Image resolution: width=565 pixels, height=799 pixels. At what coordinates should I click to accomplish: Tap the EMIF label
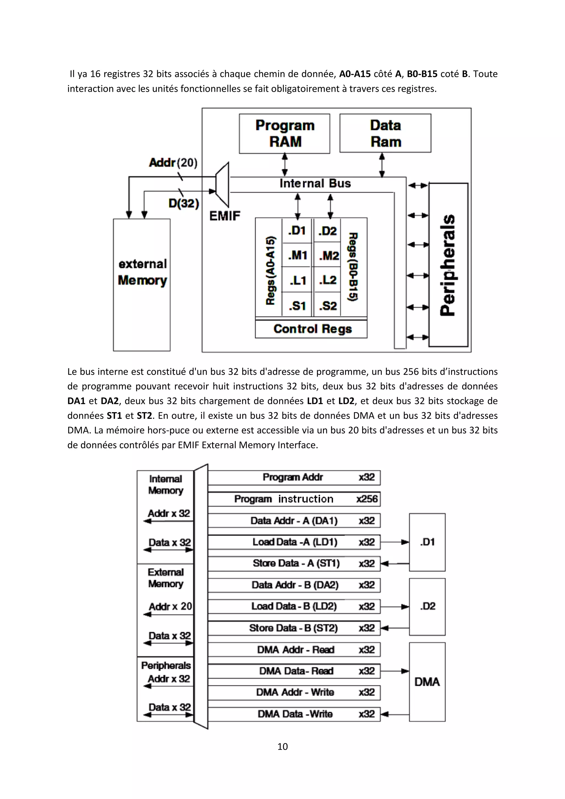click(x=225, y=216)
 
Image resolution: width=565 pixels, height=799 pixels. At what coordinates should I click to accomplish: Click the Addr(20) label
click(x=173, y=163)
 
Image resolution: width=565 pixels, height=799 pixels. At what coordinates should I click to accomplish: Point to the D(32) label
click(x=183, y=203)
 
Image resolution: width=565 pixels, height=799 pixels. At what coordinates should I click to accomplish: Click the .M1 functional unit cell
click(x=297, y=255)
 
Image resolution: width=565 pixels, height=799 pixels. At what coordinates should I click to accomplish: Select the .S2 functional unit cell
click(x=328, y=306)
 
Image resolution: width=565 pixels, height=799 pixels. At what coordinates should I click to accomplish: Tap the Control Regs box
click(x=312, y=329)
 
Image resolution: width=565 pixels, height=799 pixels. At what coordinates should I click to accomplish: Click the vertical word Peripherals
click(x=447, y=265)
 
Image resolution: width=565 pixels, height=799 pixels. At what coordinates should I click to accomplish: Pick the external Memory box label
click(x=142, y=272)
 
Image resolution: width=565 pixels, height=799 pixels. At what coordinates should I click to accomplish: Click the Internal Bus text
click(x=315, y=183)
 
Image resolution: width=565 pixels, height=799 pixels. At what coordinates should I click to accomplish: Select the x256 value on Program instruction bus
click(x=367, y=499)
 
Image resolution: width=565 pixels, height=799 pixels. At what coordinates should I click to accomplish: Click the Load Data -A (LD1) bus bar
click(x=294, y=542)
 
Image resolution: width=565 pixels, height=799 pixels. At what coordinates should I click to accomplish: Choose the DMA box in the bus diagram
click(x=427, y=682)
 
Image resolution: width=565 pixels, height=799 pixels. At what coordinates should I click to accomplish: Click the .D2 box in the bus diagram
click(x=427, y=606)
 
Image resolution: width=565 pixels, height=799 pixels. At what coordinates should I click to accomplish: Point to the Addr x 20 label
click(x=170, y=606)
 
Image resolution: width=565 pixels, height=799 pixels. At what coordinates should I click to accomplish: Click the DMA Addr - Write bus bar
click(x=294, y=692)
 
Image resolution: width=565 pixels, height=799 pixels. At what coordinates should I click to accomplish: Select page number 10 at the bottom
click(x=282, y=747)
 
